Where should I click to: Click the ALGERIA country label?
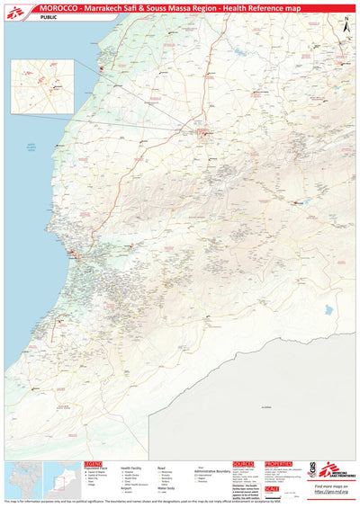pyautogui.click(x=265, y=406)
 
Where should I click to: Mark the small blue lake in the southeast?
pyautogui.click(x=325, y=312)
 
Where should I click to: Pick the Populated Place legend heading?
pyautogui.click(x=97, y=468)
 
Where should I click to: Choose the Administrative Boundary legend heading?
pyautogui.click(x=212, y=468)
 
